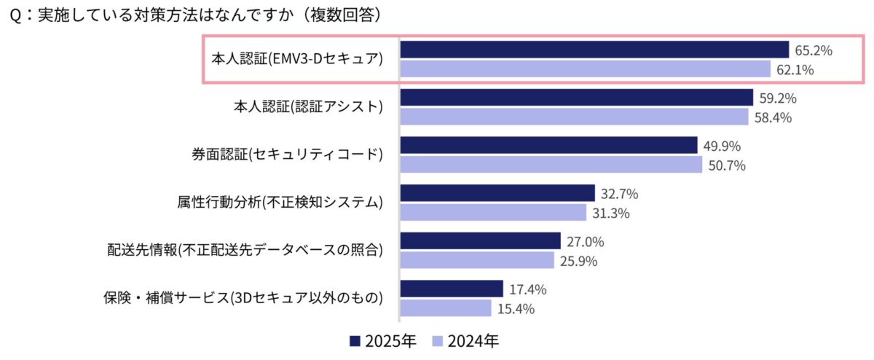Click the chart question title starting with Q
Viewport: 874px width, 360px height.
pos(196,14)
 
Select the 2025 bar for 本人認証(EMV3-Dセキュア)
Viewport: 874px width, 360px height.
pos(594,50)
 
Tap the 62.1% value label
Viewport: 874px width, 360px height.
pos(795,70)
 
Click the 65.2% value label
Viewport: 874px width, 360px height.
pos(814,50)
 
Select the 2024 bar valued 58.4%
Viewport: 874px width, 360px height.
pos(574,117)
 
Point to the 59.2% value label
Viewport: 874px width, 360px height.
pos(777,98)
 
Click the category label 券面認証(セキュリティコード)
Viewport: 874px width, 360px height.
pos(286,154)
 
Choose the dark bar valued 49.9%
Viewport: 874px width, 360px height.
pos(548,145)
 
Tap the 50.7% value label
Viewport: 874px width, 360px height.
pos(726,165)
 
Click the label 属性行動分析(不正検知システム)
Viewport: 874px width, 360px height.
pos(280,202)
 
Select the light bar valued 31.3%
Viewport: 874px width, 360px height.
pos(493,212)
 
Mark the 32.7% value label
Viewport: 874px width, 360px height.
pos(619,193)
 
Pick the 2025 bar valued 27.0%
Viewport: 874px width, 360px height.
pos(480,241)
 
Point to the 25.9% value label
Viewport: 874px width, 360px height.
pos(579,261)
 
